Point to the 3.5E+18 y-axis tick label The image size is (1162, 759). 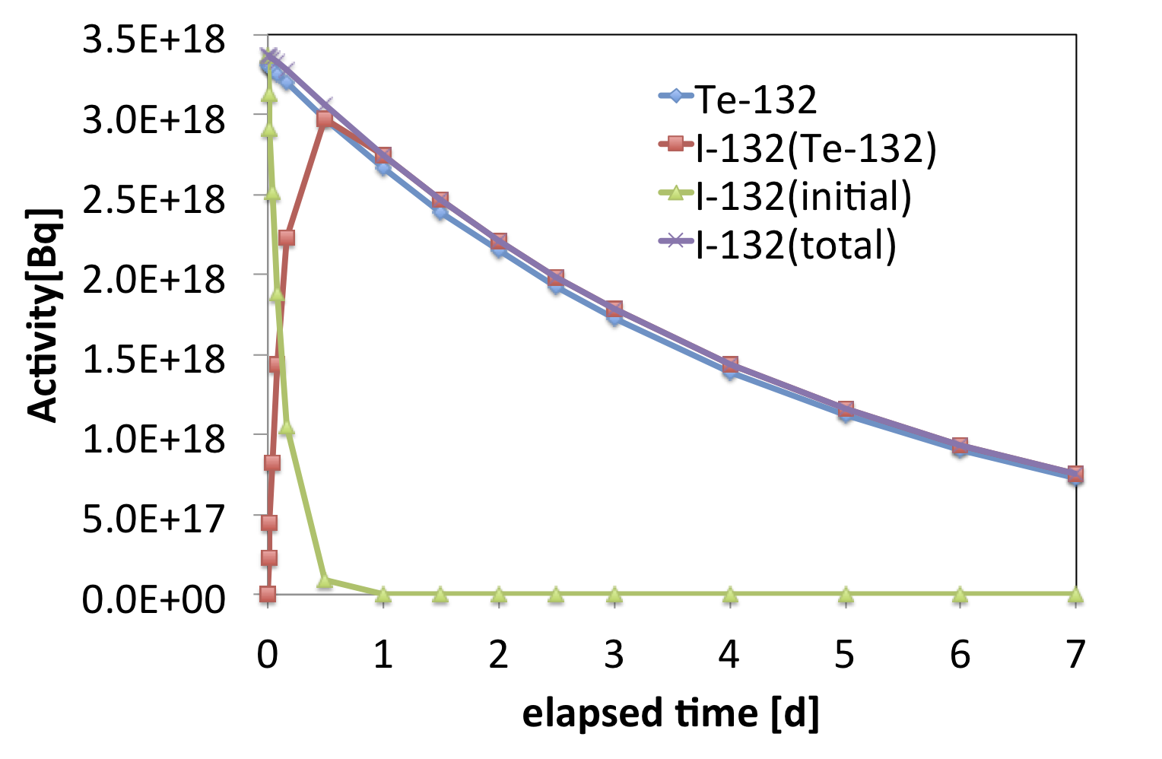point(154,40)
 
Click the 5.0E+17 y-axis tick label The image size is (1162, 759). point(154,519)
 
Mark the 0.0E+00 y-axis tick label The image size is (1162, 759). point(154,599)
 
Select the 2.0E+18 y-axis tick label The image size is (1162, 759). point(154,279)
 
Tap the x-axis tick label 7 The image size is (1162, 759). point(1075,654)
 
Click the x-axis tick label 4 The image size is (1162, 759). point(729,654)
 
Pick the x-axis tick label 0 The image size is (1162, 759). point(267,654)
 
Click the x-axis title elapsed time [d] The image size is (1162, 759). point(671,713)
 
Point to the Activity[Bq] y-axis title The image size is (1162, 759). point(43,314)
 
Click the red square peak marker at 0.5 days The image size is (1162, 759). point(325,119)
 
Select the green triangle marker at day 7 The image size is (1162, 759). point(1075,595)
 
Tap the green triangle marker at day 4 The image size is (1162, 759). point(730,595)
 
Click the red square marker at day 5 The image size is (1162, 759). point(845,410)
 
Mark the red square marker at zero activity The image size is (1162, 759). point(267,594)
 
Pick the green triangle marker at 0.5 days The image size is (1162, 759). point(325,580)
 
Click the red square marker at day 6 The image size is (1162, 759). point(960,446)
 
